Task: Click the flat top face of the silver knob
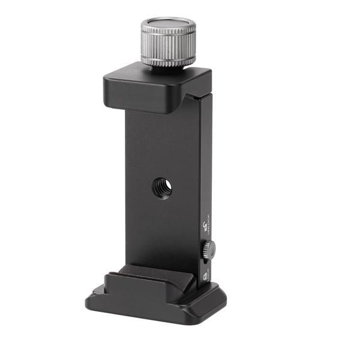coord(168,26)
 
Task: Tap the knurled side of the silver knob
coord(168,50)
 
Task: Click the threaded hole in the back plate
coord(162,188)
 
